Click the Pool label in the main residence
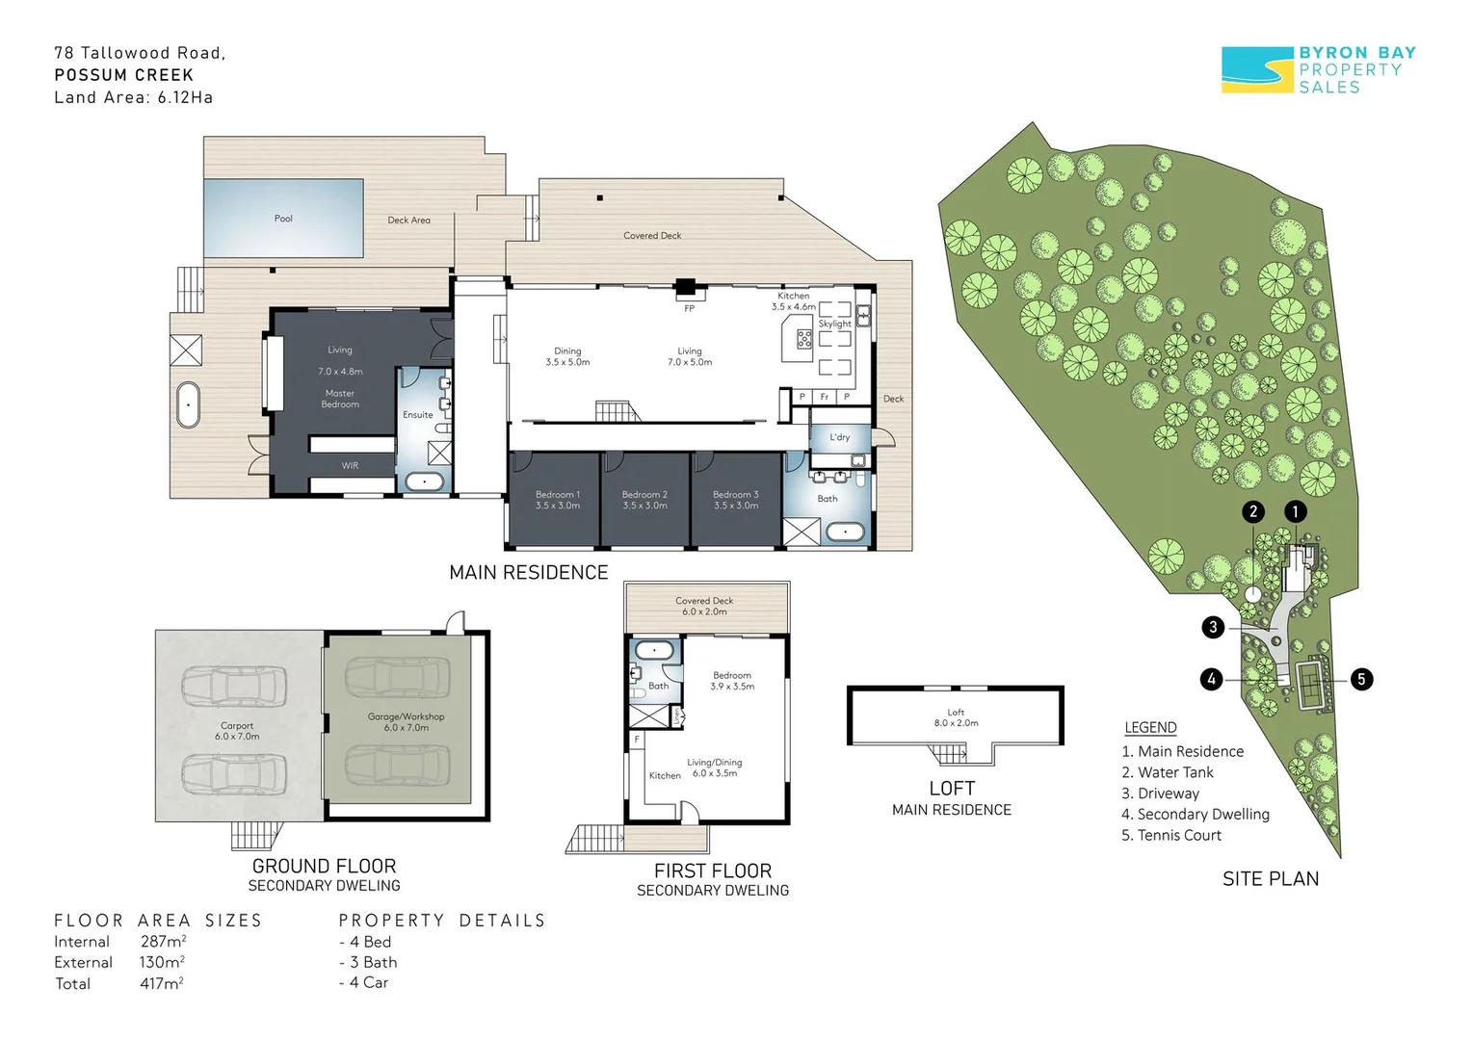click(283, 219)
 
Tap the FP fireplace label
click(690, 308)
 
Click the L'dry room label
click(839, 437)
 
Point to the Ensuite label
click(418, 414)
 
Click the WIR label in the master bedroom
click(350, 465)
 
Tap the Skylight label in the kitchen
click(834, 324)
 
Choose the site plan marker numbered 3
click(1213, 628)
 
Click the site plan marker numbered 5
click(1361, 679)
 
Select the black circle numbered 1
click(1296, 511)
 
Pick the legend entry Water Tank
click(1167, 772)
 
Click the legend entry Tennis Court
click(1171, 835)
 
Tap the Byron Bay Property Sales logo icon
click(1257, 69)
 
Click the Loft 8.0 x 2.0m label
click(956, 717)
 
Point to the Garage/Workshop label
click(407, 716)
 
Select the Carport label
click(237, 725)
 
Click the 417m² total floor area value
click(162, 983)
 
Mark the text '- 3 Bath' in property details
click(368, 962)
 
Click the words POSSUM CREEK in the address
click(124, 75)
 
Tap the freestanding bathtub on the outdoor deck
click(188, 404)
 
